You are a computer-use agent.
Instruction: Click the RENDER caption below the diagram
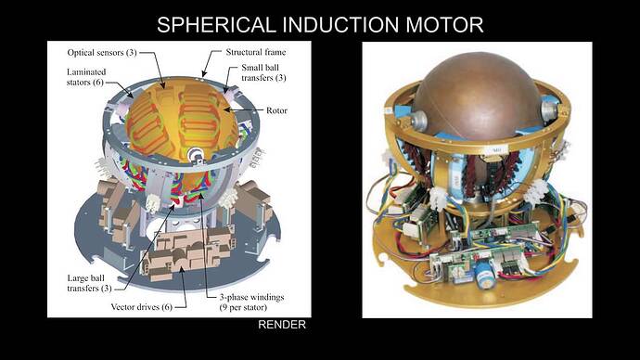coord(281,326)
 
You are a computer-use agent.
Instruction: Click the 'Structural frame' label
coord(250,53)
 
